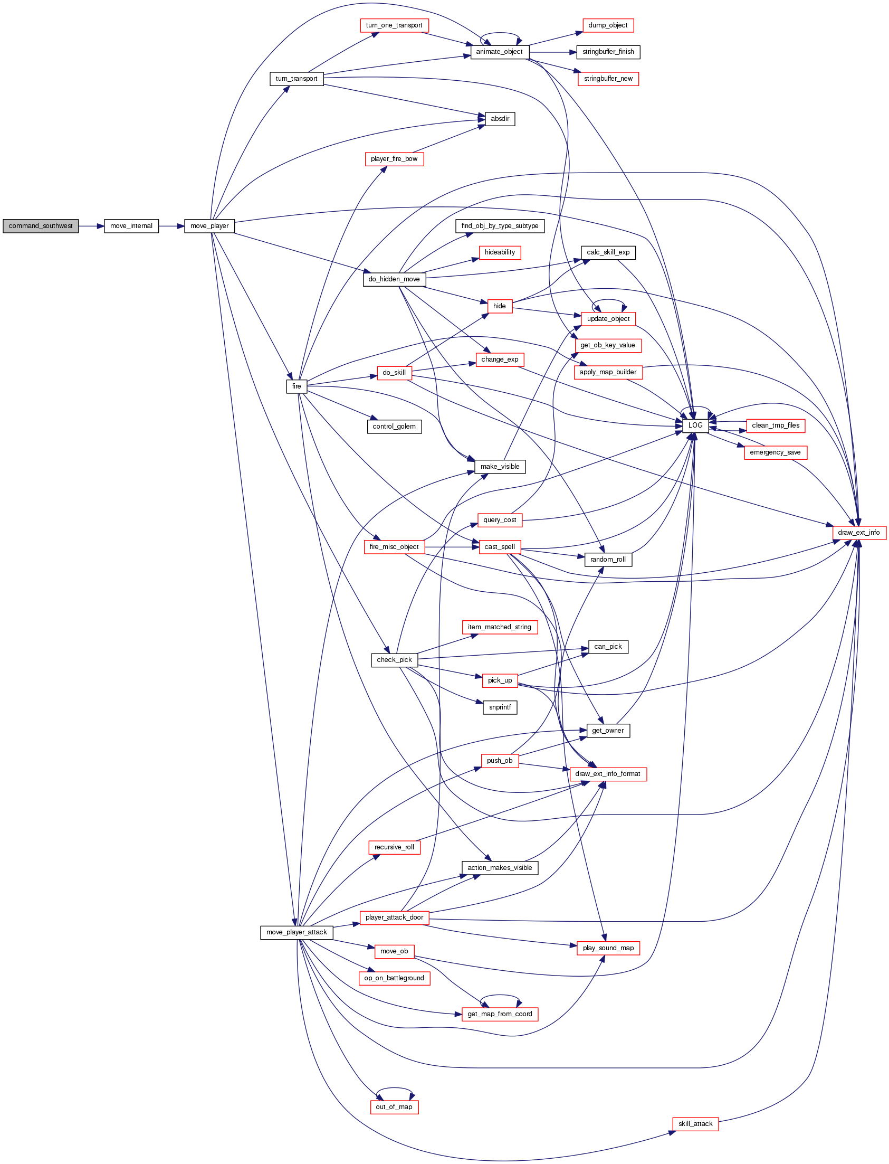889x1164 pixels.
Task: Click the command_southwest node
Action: pos(41,226)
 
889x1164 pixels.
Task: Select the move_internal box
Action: pos(131,226)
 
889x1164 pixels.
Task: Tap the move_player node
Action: pos(209,226)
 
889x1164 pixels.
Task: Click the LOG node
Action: pos(695,425)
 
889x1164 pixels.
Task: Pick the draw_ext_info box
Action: pos(859,533)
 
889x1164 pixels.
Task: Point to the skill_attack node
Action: pos(695,1124)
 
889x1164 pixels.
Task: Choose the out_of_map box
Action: pos(394,1107)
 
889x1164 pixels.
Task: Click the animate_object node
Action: pos(500,52)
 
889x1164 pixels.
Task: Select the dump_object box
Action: pos(608,25)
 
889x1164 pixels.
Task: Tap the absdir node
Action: pos(500,119)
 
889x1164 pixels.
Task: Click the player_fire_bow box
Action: pos(394,159)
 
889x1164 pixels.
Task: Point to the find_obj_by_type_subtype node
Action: pos(500,226)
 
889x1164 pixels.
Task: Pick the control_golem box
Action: pos(394,427)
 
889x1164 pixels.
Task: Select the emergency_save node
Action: pos(775,452)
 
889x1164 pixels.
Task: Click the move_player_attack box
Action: pos(297,932)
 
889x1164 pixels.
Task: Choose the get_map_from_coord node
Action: pos(500,1014)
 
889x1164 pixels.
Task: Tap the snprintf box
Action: pos(500,707)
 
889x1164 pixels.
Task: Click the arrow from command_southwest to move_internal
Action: pos(92,226)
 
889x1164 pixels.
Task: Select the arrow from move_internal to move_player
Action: pos(171,226)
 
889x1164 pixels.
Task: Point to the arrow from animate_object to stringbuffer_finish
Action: pos(552,52)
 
